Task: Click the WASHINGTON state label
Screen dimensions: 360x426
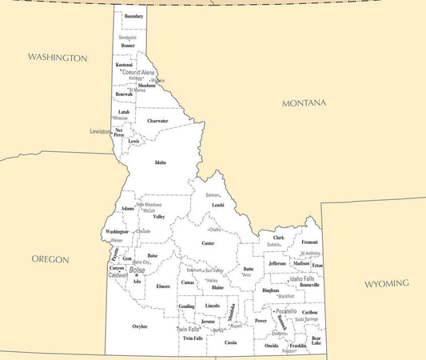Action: click(x=58, y=58)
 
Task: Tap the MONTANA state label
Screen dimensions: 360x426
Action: click(x=304, y=103)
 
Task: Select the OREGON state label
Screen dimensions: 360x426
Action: click(x=50, y=259)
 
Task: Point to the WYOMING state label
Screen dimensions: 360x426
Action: click(x=386, y=284)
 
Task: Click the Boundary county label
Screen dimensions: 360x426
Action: click(x=133, y=16)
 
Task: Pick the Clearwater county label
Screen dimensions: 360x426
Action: click(x=157, y=121)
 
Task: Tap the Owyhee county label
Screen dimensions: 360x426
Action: click(x=140, y=326)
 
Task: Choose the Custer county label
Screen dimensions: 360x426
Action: click(x=208, y=243)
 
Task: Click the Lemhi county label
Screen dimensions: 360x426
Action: click(x=217, y=205)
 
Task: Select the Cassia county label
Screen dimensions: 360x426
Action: click(x=231, y=342)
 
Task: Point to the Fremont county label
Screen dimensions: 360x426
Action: click(x=309, y=242)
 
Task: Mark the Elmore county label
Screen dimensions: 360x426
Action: click(x=163, y=286)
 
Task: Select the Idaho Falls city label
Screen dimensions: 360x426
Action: click(x=301, y=278)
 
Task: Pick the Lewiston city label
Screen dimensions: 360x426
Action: click(x=100, y=130)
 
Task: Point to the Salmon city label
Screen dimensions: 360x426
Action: click(x=212, y=195)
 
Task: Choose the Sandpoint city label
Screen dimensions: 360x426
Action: click(x=127, y=38)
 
